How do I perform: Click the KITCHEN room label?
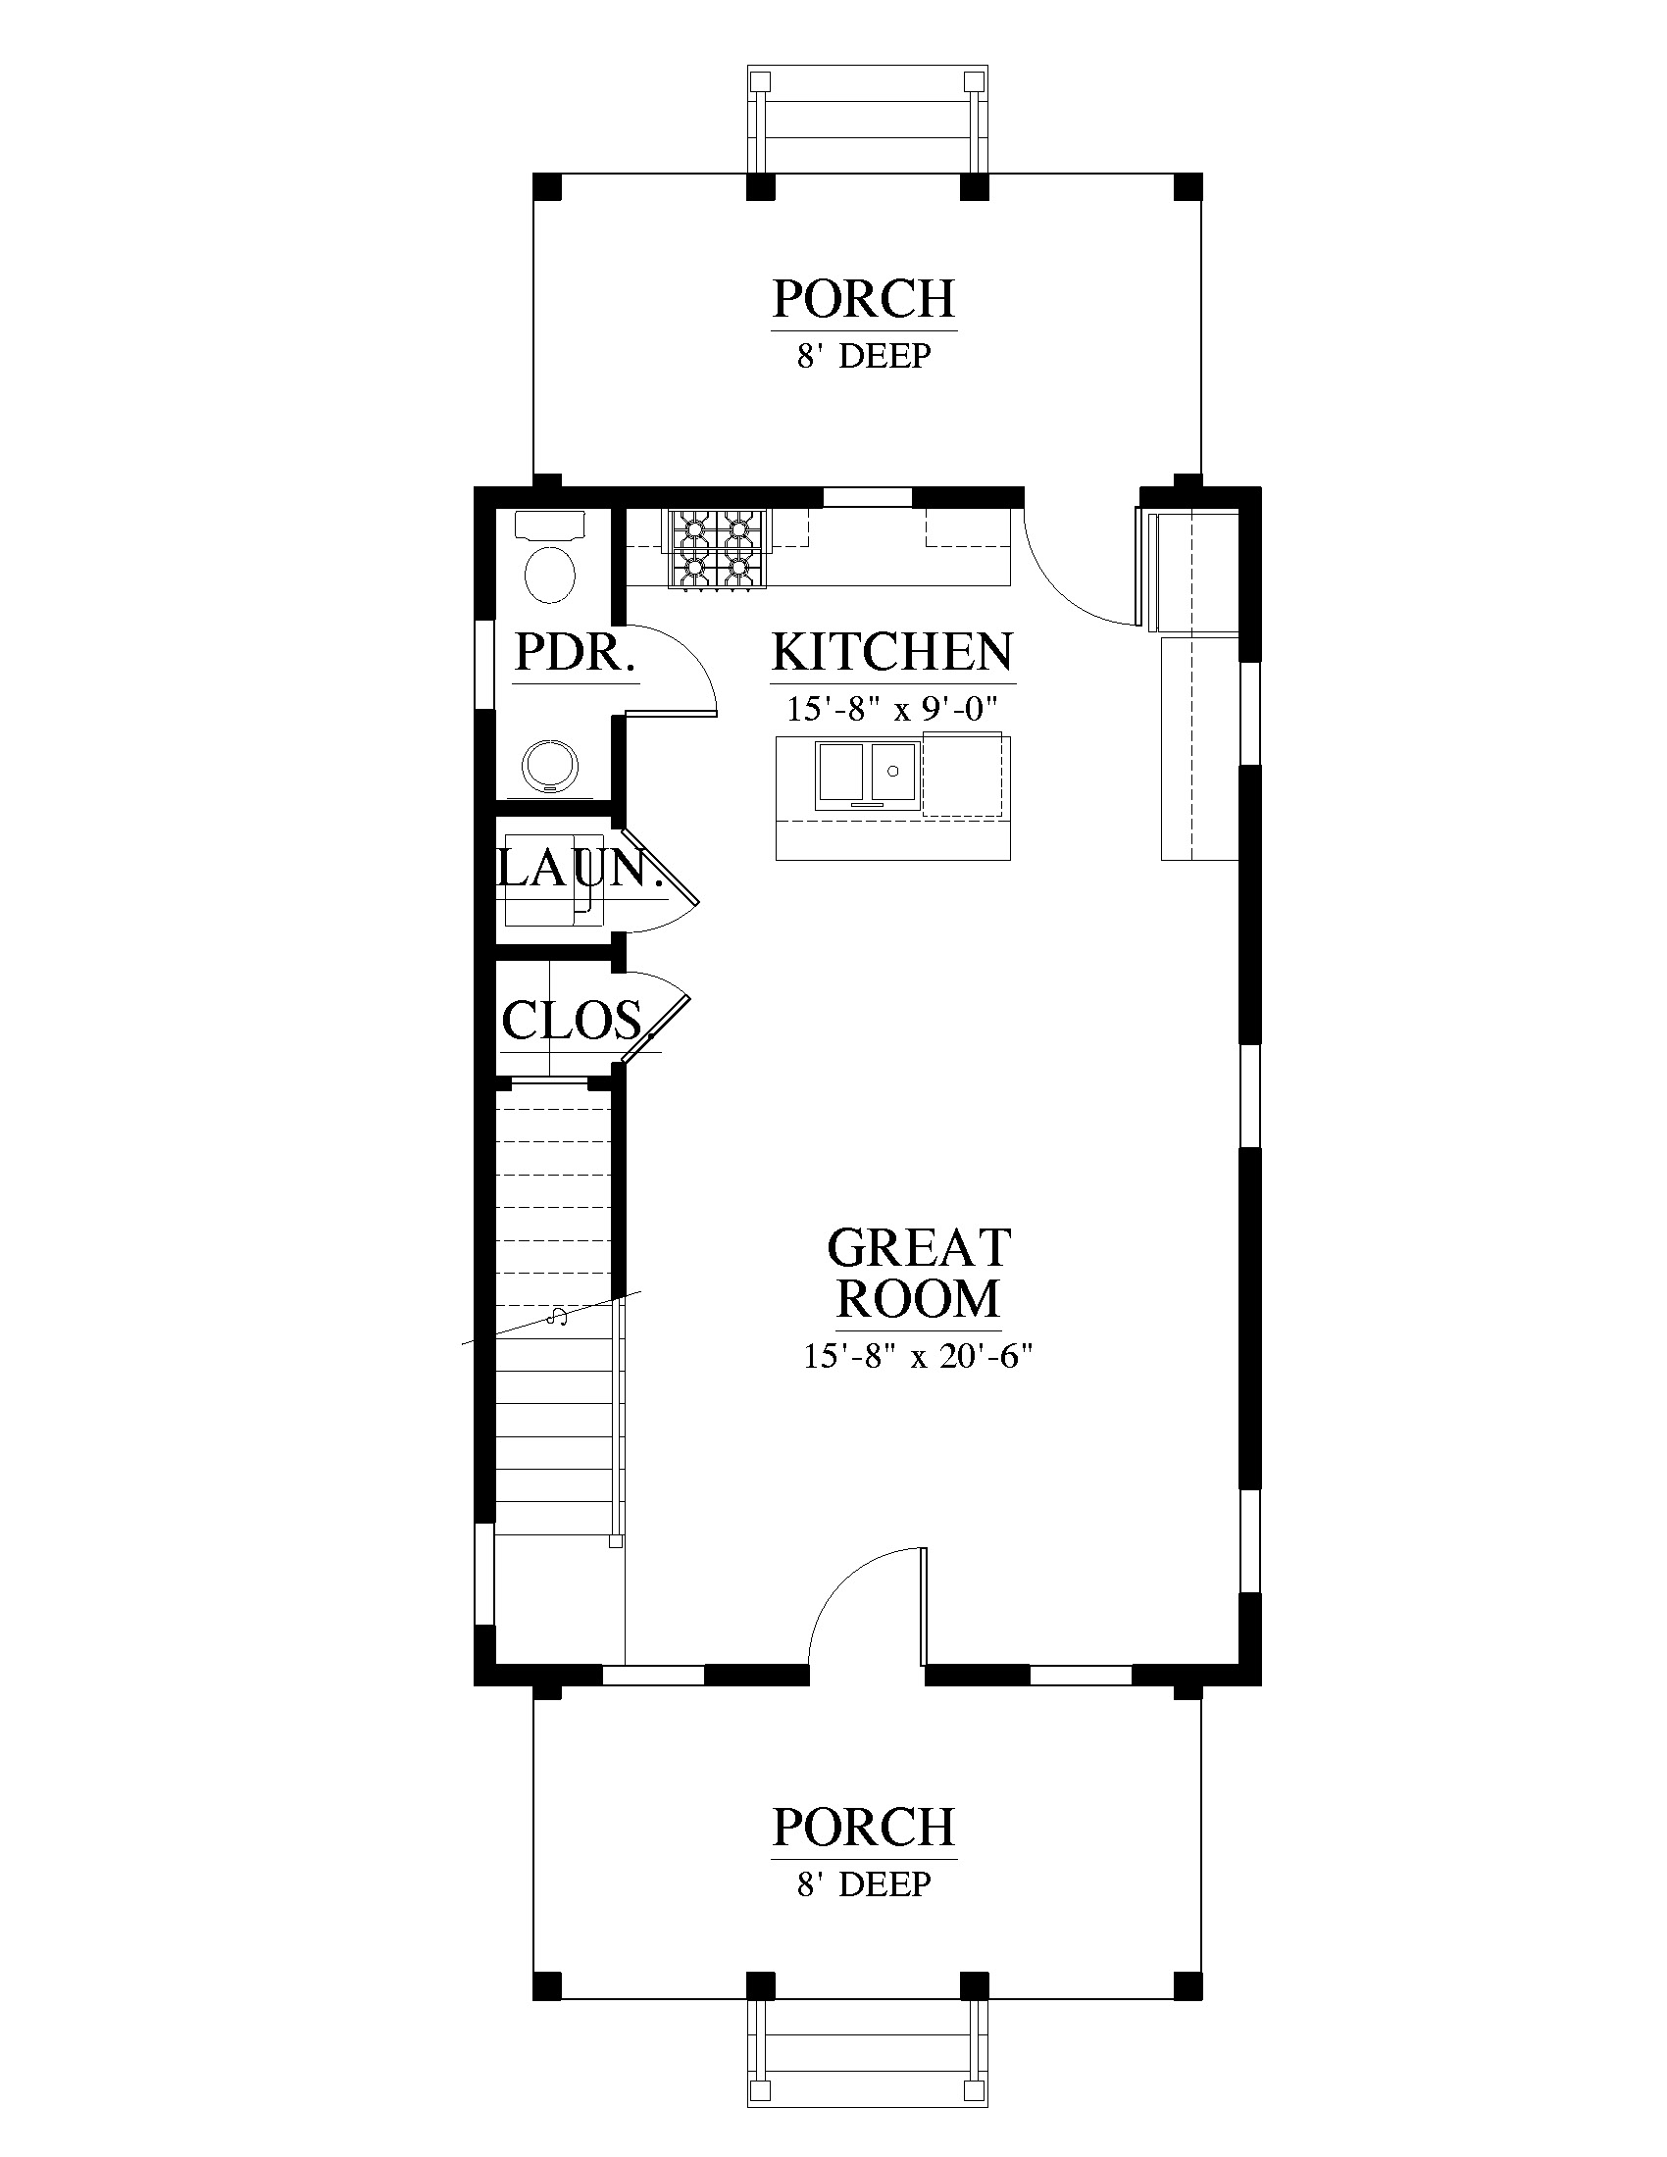tap(891, 652)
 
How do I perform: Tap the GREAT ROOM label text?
tap(919, 1274)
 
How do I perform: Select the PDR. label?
tap(574, 652)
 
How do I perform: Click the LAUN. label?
tap(579, 869)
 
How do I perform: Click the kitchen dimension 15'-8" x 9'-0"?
tap(891, 709)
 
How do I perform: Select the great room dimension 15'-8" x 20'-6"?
tap(918, 1357)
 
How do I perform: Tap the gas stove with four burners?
tap(718, 548)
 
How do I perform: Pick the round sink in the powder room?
tap(550, 767)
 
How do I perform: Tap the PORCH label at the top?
tap(864, 299)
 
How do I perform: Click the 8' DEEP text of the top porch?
tap(864, 356)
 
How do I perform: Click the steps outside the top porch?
tap(867, 121)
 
